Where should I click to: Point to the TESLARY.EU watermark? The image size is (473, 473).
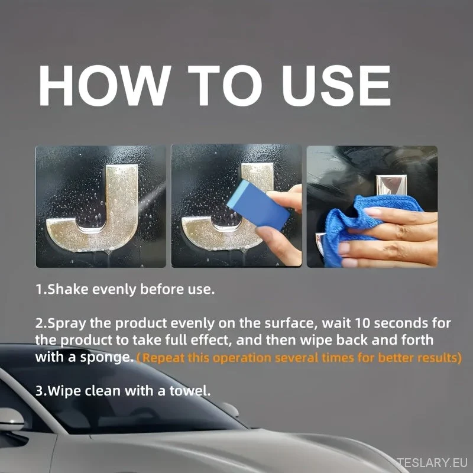[x=432, y=462]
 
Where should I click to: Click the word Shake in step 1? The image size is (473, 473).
[x=68, y=289]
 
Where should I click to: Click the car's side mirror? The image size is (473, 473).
[x=11, y=420]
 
